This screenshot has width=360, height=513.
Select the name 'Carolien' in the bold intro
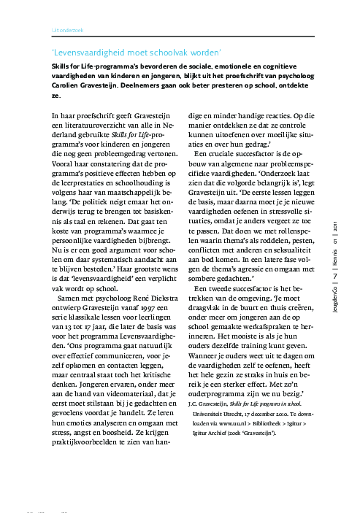(x=69, y=85)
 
